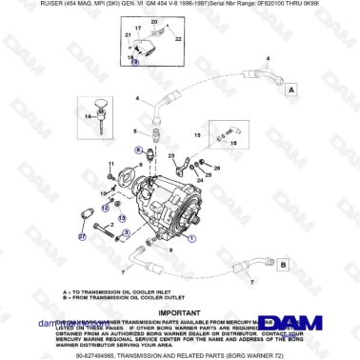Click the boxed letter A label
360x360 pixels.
point(290,88)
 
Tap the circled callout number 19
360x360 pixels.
point(133,61)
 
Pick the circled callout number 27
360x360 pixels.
point(81,235)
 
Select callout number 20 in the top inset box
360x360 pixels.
point(155,20)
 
